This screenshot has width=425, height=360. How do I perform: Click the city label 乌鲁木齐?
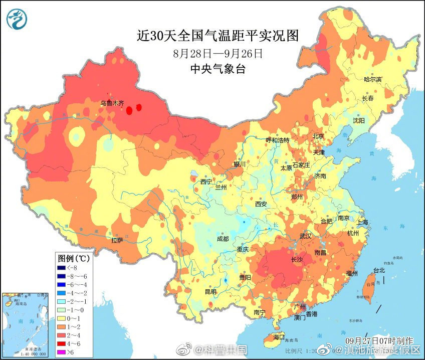click(x=111, y=103)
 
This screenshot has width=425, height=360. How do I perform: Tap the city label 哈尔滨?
click(x=372, y=80)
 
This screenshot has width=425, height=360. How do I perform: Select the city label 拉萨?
click(x=117, y=241)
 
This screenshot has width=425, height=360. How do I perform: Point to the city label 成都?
click(x=223, y=239)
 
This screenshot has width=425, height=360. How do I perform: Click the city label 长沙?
click(x=297, y=259)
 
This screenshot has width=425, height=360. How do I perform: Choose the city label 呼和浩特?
click(x=277, y=140)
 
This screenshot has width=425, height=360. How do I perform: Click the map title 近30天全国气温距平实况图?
click(x=218, y=36)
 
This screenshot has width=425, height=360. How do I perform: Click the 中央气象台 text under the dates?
click(x=218, y=69)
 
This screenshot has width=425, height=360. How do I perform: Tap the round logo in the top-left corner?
click(x=17, y=18)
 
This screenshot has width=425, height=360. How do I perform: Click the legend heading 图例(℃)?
click(x=73, y=259)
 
